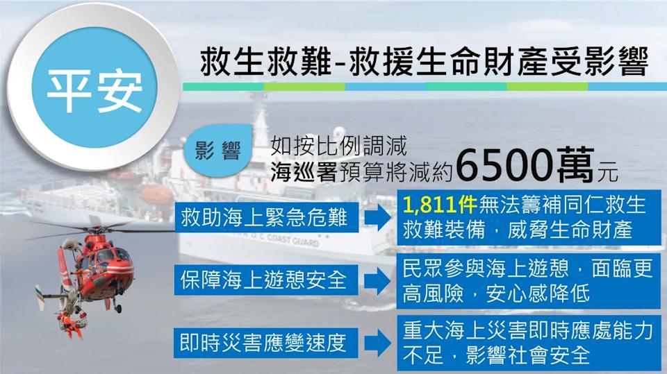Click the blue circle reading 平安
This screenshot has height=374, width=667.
tap(94, 87)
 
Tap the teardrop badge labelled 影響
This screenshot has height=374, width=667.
tap(218, 151)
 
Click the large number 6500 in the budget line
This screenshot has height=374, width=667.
tap(505, 165)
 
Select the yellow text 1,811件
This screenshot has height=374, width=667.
tap(440, 205)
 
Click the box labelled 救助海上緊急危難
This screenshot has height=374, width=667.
tap(266, 218)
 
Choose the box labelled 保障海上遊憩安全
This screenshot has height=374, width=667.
tap(265, 280)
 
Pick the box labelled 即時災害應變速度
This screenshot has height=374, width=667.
tap(265, 343)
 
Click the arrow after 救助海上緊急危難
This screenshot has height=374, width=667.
tap(377, 218)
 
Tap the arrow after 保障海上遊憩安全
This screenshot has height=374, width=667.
tap(377, 280)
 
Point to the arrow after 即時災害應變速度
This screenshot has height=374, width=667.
tap(377, 343)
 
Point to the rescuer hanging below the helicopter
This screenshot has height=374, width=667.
tap(70, 324)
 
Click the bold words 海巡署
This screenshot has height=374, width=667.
tap(304, 172)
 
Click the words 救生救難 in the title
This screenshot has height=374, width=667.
tap(265, 62)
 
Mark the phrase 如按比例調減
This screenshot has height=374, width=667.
tap(338, 146)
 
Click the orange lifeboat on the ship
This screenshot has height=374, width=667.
tap(158, 194)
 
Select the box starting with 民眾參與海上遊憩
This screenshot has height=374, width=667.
tap(528, 280)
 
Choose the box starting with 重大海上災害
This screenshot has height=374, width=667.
tap(528, 343)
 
